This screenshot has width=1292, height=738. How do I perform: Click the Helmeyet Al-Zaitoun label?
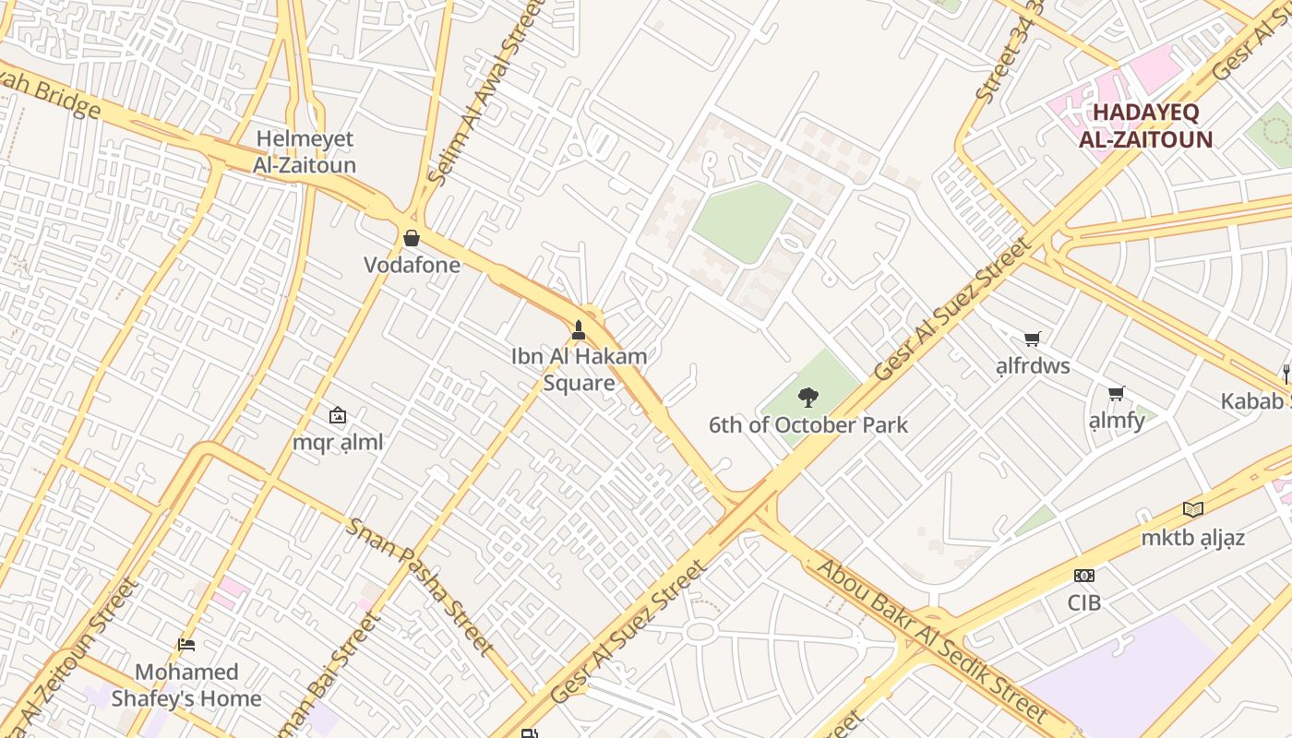305,152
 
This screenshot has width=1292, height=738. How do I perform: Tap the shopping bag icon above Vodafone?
412,239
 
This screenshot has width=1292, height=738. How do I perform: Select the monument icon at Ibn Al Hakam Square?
579,330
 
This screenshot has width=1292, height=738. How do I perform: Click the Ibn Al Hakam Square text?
579,369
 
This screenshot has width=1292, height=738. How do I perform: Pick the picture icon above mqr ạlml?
338,416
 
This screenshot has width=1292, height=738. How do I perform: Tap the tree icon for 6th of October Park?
807,399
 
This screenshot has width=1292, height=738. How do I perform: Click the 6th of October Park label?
807,425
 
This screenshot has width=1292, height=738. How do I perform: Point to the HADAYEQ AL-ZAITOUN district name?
1145,126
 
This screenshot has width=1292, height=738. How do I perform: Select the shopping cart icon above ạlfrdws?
1033,339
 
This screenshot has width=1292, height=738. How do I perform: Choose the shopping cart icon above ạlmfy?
1117,395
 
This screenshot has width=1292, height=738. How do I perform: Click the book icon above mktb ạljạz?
1193,510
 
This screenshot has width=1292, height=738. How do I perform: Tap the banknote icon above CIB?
1084,576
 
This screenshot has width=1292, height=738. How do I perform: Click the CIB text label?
1084,602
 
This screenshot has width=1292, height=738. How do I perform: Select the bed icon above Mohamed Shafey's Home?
186,645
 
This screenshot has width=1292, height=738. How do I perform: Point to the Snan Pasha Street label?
420,585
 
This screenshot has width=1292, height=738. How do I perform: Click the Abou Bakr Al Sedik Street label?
932,641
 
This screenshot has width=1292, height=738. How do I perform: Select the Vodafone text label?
412,266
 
